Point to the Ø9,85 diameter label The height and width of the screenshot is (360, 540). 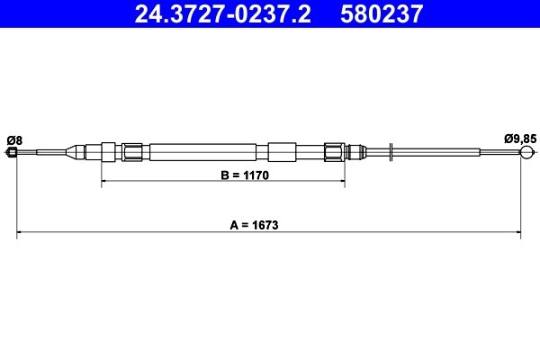coord(520,139)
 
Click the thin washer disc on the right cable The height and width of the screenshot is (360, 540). coord(392,152)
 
